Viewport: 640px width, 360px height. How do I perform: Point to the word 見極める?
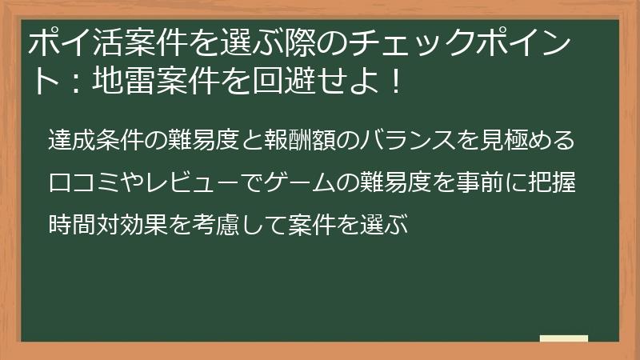[529, 140]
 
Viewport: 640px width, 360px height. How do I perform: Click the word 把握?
[555, 181]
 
